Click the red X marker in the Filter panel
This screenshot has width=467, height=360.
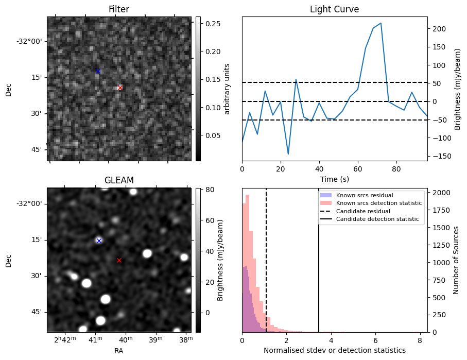tap(120, 88)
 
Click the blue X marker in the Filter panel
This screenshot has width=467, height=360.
tap(98, 71)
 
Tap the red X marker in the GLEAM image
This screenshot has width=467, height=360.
tap(119, 260)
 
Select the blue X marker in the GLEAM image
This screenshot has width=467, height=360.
tap(99, 241)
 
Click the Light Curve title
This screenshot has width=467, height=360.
tap(335, 9)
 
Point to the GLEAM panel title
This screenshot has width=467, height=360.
tap(119, 180)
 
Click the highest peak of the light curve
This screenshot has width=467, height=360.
tap(380, 23)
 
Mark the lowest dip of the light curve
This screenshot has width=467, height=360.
tap(288, 154)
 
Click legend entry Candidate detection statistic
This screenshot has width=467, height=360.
tap(377, 219)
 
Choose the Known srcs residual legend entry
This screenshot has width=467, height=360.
tap(365, 195)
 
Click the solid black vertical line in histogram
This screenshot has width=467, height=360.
tap(319, 260)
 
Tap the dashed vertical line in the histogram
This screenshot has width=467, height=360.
tap(266, 260)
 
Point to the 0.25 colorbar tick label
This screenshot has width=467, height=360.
tap(213, 24)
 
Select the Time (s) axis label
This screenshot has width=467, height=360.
tap(335, 179)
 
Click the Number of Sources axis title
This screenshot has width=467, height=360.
tap(456, 260)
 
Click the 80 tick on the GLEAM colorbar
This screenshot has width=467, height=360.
tap(210, 190)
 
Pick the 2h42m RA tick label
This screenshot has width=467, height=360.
tap(65, 339)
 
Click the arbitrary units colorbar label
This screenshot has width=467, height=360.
tap(227, 89)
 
